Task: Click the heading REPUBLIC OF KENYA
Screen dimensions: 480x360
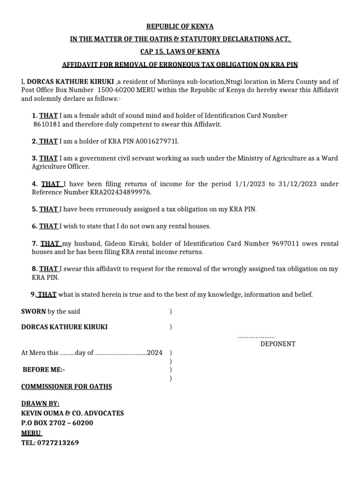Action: [x=180, y=27]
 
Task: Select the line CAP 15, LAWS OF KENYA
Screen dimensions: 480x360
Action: [x=180, y=52]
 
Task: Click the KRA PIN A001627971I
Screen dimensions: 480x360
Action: [x=157, y=141]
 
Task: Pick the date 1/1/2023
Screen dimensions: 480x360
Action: [x=250, y=184]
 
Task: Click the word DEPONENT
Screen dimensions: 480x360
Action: [x=278, y=344]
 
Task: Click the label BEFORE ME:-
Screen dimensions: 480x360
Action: [x=44, y=370]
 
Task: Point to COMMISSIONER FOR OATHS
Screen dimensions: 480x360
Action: [x=67, y=387]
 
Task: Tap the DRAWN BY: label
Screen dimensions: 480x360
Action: [x=40, y=404]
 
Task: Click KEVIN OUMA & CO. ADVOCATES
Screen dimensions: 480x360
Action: [x=73, y=413]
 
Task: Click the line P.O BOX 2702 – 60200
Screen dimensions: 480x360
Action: [x=57, y=423]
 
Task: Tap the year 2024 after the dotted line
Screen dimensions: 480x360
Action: [x=155, y=353]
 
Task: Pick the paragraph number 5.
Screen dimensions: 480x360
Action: [x=34, y=210]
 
